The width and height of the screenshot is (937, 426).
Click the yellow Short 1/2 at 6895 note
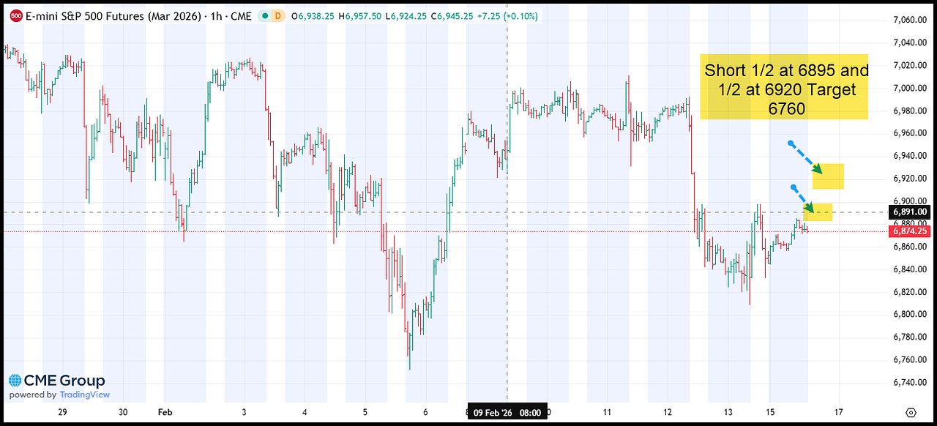click(784, 87)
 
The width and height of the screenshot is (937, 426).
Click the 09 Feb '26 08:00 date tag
click(507, 413)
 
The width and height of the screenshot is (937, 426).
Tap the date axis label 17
click(838, 413)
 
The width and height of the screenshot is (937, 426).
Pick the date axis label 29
click(62, 413)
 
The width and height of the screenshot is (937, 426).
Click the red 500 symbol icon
click(15, 15)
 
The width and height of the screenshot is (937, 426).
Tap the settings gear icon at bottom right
click(910, 413)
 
